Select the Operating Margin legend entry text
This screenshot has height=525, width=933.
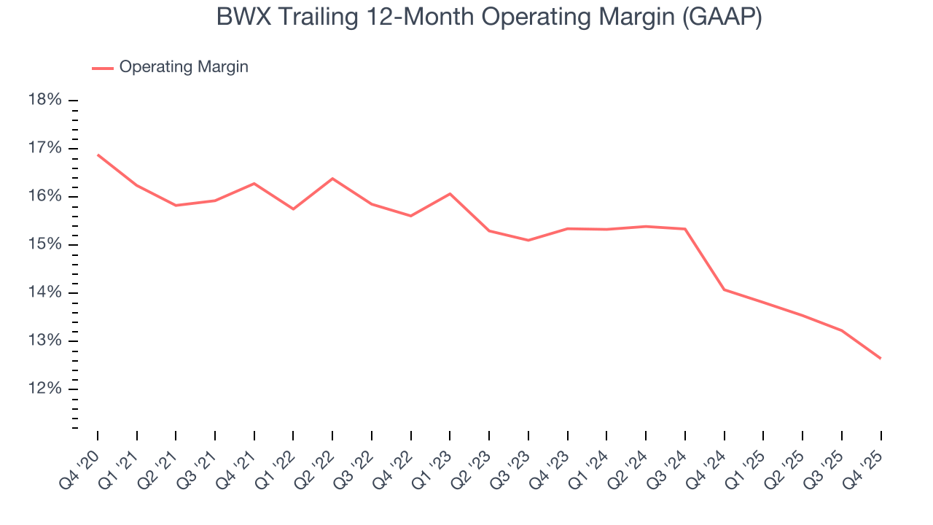point(184,67)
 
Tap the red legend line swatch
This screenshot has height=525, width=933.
point(103,68)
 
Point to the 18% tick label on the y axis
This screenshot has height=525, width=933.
point(45,100)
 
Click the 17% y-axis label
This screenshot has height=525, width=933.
point(45,148)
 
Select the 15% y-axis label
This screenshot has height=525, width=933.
point(45,244)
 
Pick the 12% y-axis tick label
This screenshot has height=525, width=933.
point(45,389)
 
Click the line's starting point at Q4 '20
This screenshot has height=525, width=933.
point(98,155)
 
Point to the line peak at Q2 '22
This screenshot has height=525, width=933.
point(332,179)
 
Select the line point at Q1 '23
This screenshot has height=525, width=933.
point(450,194)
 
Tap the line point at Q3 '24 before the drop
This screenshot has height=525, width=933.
point(685,229)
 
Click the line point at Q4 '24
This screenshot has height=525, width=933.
point(725,289)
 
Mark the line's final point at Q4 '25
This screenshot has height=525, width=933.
point(881,358)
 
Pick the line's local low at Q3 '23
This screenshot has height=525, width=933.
point(528,240)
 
